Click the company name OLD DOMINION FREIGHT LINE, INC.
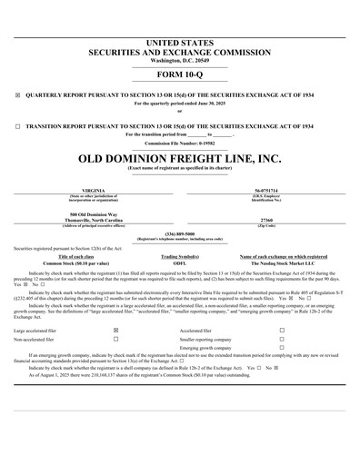[179, 157]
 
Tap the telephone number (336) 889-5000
[179, 233]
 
